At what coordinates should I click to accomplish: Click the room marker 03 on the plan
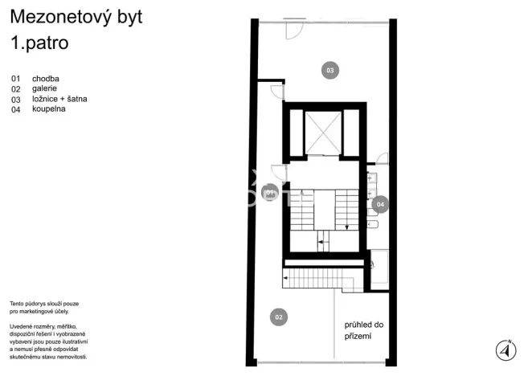[x=329, y=71]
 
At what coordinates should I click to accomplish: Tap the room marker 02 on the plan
[x=278, y=317]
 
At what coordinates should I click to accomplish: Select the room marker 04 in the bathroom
[x=380, y=205]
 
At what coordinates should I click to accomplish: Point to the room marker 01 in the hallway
[x=272, y=193]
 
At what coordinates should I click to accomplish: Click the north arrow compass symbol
[x=505, y=349]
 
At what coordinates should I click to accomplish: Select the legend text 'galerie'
[x=45, y=89]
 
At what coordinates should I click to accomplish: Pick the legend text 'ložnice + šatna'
[x=59, y=99]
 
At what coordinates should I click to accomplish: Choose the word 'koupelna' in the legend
[x=49, y=108]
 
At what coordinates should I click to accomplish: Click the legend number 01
[x=15, y=79]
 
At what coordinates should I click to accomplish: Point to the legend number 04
[x=15, y=108]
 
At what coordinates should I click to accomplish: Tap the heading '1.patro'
[x=39, y=43]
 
